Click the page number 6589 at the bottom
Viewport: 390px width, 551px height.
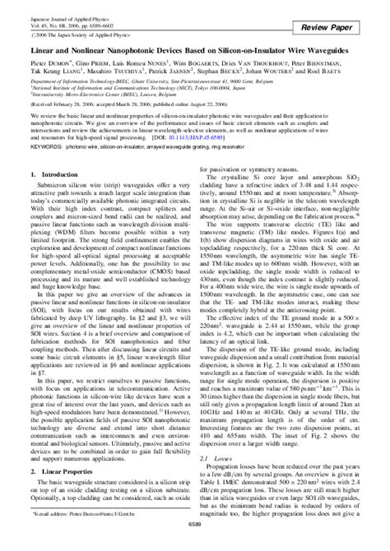click(194, 544)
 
